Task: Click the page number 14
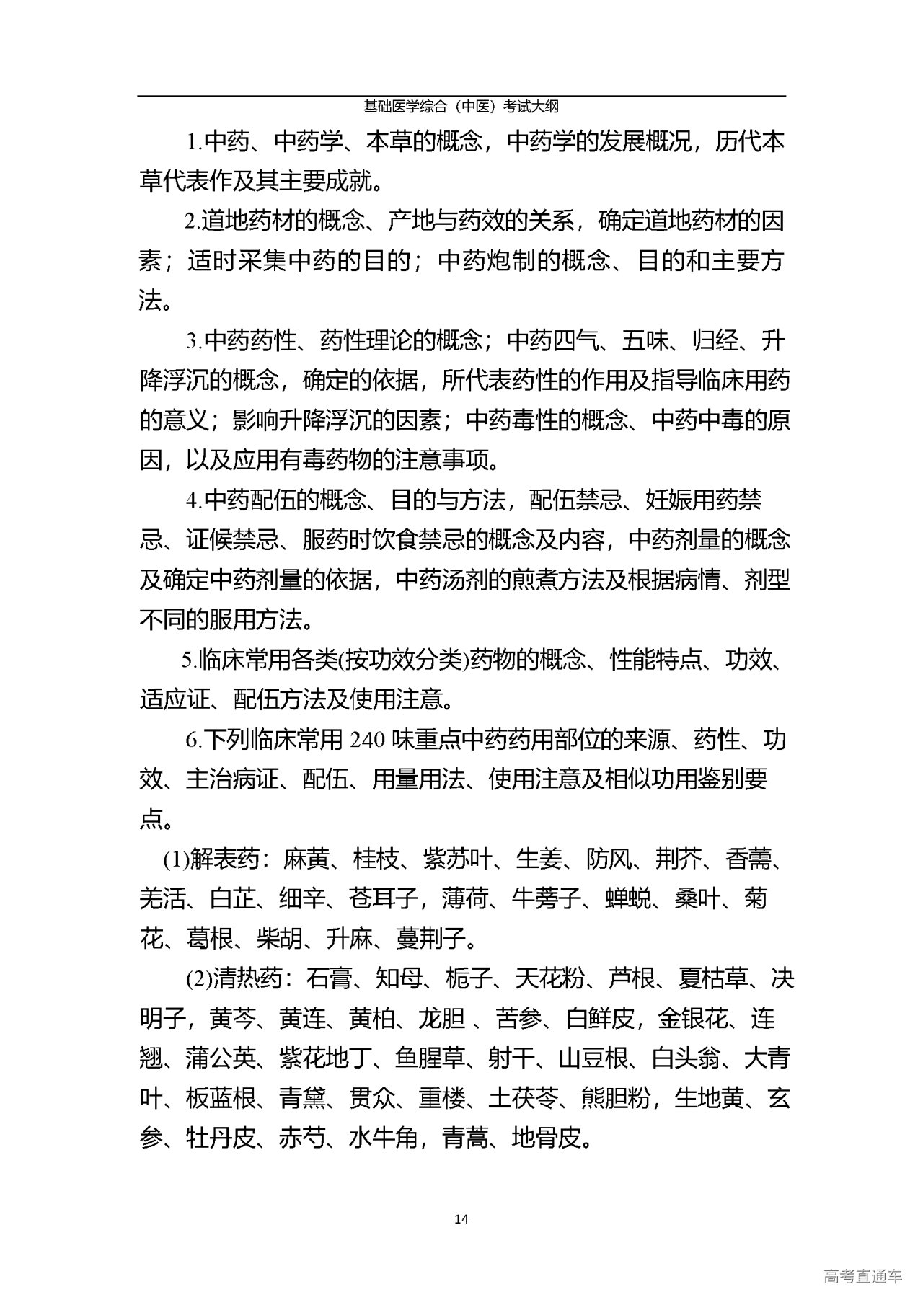click(x=462, y=1219)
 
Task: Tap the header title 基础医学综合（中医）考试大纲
click(x=461, y=107)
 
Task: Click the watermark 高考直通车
click(x=862, y=1277)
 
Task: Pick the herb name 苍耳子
click(x=384, y=898)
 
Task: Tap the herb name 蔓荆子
click(x=430, y=939)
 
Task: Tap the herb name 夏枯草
click(x=715, y=979)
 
